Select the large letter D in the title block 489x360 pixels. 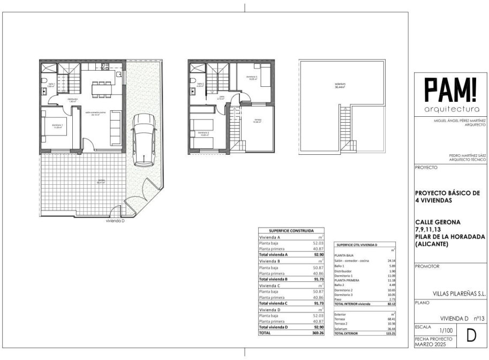pyautogui.click(x=471, y=336)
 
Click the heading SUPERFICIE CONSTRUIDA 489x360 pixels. pyautogui.click(x=291, y=230)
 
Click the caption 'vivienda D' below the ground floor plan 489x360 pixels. pyautogui.click(x=115, y=221)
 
